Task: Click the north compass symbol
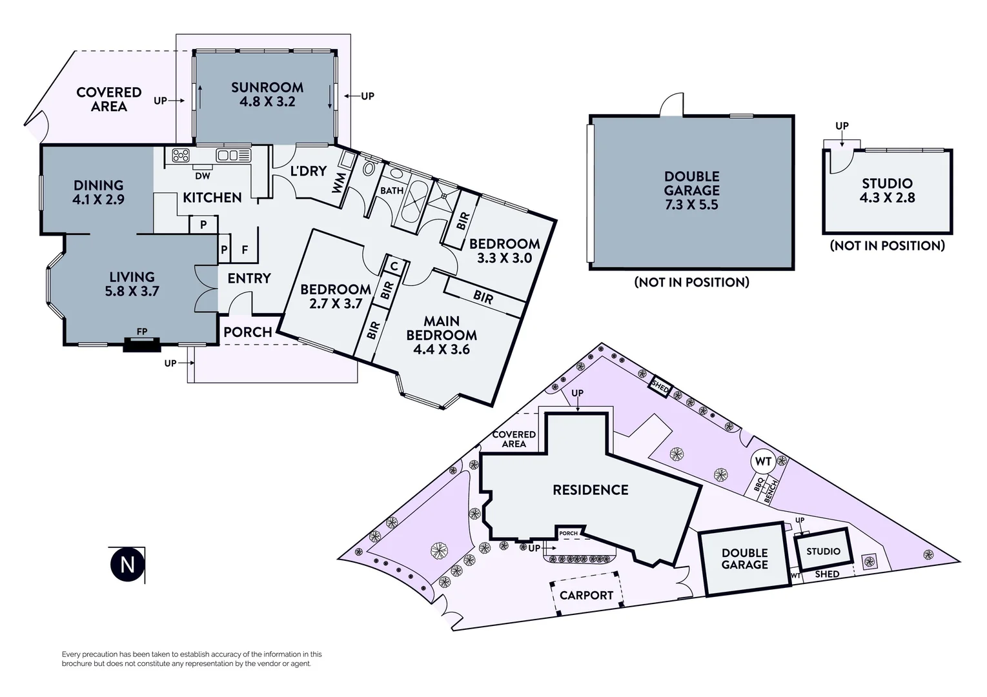coord(127,564)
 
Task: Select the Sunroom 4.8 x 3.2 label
coord(267,94)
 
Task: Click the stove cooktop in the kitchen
coord(180,155)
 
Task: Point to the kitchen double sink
coord(233,155)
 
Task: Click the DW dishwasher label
coord(202,176)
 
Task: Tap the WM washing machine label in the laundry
coord(339,182)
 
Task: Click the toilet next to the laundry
coord(369,168)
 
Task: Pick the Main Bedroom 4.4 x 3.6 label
coord(442,335)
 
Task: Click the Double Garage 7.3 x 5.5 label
coord(691,190)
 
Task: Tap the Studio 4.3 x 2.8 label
coord(887,190)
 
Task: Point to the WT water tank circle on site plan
coord(763,461)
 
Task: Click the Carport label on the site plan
coord(586,595)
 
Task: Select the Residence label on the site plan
coord(590,490)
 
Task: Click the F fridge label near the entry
coord(245,250)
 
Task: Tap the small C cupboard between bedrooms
coord(394,265)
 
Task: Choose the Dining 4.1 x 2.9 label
coord(98,192)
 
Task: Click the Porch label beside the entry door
coord(248,332)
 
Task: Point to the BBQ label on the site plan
coord(760,484)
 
